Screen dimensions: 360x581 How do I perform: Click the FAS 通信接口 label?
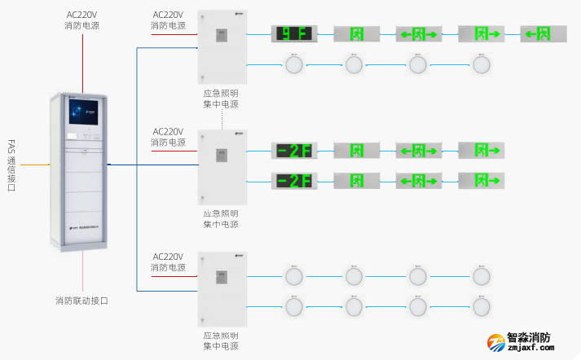point(11,165)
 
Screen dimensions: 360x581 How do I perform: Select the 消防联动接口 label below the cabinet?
point(81,301)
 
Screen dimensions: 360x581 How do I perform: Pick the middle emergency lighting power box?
point(222,165)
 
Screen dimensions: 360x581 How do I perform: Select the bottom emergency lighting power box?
point(222,288)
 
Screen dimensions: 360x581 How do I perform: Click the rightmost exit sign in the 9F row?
point(543,34)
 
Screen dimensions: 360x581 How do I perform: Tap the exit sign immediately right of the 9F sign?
point(355,34)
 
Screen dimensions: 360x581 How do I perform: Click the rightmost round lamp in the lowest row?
point(482,306)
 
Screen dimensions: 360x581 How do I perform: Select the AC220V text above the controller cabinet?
point(82,15)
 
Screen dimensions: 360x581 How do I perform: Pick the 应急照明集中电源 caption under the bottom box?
point(221,340)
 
